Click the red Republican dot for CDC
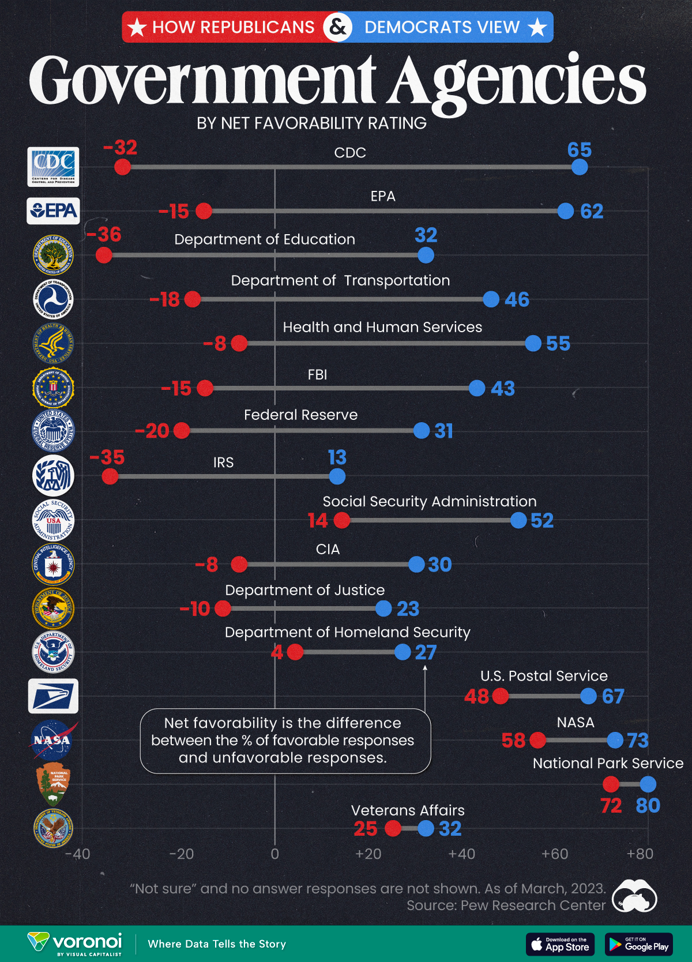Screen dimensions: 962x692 122,167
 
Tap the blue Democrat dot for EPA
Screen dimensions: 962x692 566,211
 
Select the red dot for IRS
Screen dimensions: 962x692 110,476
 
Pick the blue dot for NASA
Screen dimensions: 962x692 615,740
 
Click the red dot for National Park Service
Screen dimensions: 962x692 611,784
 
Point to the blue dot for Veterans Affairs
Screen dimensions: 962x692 426,829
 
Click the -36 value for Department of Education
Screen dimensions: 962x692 104,235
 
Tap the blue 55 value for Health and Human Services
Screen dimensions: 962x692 558,344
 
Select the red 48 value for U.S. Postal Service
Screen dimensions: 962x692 476,697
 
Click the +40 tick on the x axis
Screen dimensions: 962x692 461,854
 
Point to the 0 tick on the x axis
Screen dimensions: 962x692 275,854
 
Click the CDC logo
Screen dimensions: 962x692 53,167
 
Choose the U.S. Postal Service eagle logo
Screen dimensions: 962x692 53,696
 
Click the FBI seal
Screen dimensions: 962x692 53,388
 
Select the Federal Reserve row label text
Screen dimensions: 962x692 300,415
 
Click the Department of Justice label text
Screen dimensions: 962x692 304,591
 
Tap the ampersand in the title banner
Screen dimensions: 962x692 338,27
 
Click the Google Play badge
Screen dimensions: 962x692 639,944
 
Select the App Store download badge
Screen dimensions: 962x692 560,944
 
